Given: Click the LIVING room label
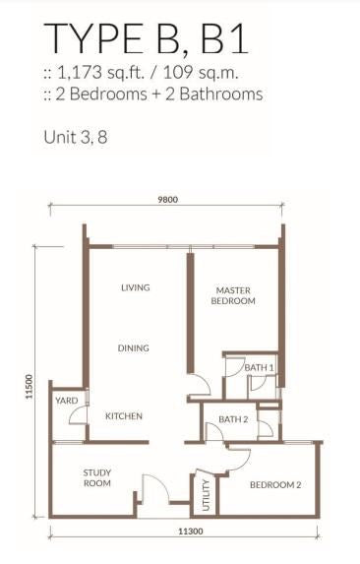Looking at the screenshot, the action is [136, 287].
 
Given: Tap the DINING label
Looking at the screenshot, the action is [134, 348].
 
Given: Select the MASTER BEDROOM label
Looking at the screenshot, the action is [233, 295].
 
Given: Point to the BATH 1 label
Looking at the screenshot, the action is [259, 368].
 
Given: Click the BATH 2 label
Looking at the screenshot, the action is [233, 419].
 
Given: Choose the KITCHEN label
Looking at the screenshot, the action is [124, 416].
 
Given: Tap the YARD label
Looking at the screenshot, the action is [67, 401].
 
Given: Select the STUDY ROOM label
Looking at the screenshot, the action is [97, 478].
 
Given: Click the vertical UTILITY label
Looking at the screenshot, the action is [206, 495].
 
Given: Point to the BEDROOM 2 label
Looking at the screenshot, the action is [275, 485].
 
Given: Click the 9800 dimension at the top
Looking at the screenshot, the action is [168, 200].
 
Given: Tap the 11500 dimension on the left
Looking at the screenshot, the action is [30, 387].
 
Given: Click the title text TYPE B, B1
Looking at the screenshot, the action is [146, 38].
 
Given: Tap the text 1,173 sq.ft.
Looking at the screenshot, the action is [100, 73].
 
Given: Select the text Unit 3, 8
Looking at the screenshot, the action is [76, 137].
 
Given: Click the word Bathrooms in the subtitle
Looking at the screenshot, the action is [221, 94].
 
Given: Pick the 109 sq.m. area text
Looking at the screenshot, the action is [201, 73].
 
